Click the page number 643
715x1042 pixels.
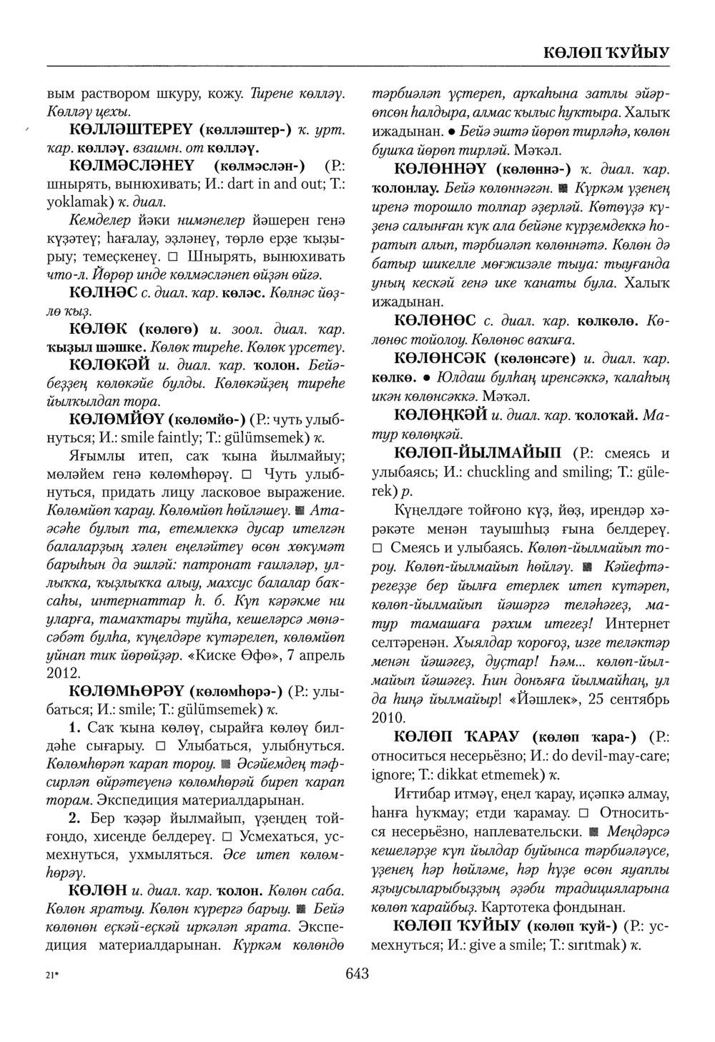coord(356,973)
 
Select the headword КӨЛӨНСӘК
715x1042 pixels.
coord(450,356)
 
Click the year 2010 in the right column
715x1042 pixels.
coord(390,717)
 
